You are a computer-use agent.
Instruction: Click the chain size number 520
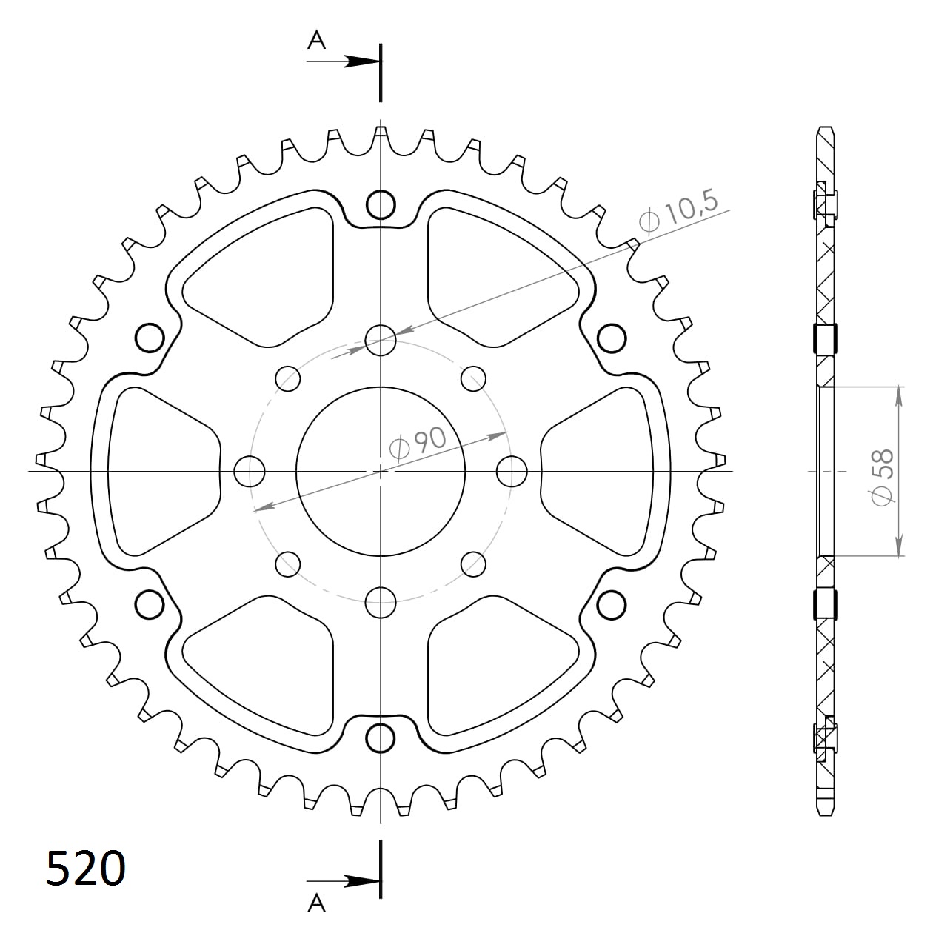(x=85, y=869)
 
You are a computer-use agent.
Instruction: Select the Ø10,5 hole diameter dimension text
(x=678, y=214)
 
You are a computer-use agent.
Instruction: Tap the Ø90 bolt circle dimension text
(x=418, y=444)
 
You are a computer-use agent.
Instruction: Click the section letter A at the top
(x=317, y=41)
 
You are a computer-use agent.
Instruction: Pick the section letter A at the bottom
(x=317, y=903)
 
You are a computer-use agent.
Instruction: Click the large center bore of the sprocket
(x=381, y=471)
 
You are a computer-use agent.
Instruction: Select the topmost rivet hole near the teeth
(x=381, y=204)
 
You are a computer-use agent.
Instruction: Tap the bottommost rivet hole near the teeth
(x=381, y=738)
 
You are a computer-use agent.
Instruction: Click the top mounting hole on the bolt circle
(x=381, y=340)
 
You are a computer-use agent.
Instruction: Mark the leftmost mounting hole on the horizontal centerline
(x=250, y=471)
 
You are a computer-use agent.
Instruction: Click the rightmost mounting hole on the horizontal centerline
(x=512, y=471)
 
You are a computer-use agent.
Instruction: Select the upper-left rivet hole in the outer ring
(x=150, y=338)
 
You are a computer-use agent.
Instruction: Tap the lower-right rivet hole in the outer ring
(x=611, y=604)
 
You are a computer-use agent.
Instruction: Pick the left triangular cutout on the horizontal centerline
(x=159, y=471)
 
